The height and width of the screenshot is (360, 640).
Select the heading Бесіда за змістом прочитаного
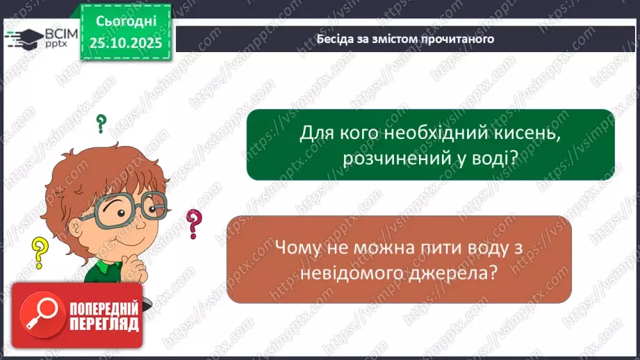coord(405,39)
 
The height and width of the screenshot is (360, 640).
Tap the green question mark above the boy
coord(101,124)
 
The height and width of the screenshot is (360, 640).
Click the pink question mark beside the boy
coord(194,224)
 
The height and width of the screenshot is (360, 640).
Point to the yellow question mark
coord(40,252)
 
